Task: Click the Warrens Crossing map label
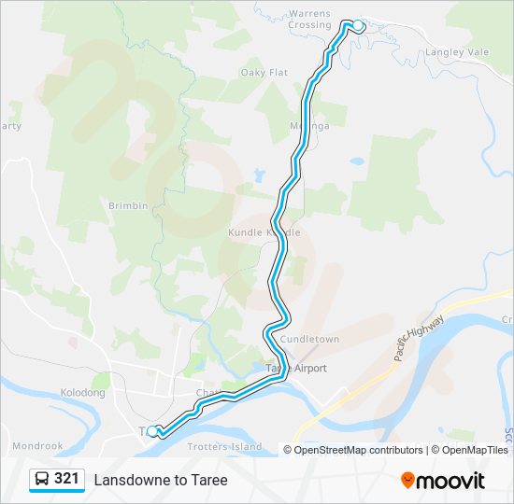click(310, 19)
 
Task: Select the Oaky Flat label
click(264, 72)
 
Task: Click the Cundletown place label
click(309, 340)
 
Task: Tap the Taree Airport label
click(296, 368)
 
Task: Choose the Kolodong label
click(82, 393)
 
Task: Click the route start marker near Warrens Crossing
click(357, 25)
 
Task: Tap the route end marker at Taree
click(152, 431)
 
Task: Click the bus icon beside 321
click(42, 479)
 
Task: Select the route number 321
click(66, 479)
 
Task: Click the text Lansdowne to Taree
click(160, 480)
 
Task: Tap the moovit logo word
click(450, 481)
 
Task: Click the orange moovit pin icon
click(407, 481)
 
